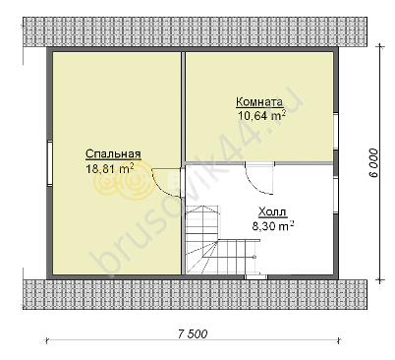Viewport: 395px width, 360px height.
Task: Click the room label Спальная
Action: point(113,153)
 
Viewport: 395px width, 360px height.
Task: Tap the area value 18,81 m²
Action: point(110,168)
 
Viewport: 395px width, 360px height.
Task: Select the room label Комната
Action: point(259,102)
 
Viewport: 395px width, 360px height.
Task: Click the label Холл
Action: point(273,212)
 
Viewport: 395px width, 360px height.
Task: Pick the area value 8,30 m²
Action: point(273,226)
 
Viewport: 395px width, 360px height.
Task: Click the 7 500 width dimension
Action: point(193,334)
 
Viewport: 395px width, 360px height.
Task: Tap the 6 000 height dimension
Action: point(373,163)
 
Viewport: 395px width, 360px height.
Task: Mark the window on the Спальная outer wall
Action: point(49,163)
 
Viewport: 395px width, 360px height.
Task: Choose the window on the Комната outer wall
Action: point(336,131)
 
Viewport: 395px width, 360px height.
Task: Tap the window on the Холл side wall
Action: point(336,196)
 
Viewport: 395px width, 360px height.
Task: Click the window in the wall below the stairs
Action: point(255,277)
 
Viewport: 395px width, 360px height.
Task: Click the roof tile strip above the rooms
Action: point(195,32)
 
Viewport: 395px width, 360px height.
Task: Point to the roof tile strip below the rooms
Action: point(195,294)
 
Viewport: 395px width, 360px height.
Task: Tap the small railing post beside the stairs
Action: point(254,257)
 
